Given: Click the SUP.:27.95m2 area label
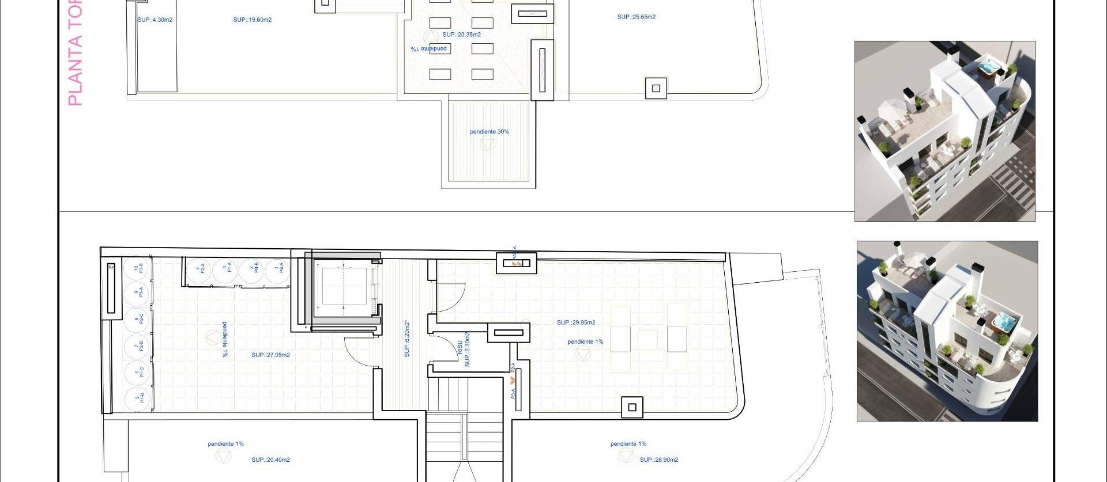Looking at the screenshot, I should click(x=270, y=355).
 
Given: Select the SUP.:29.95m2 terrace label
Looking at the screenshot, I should click(x=576, y=322).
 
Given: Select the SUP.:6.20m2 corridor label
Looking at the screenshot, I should click(x=407, y=339).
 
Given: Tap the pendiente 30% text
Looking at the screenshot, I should click(x=489, y=132).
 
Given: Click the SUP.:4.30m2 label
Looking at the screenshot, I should click(x=155, y=20).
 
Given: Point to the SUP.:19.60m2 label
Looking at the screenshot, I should click(x=252, y=20).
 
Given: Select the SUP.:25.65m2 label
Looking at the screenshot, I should click(x=636, y=17).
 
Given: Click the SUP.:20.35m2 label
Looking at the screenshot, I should click(x=461, y=35).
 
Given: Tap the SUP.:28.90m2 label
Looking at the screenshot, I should click(x=658, y=460).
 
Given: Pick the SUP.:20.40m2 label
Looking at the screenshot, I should click(x=270, y=460).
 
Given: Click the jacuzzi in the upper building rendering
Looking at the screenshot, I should click(x=989, y=69).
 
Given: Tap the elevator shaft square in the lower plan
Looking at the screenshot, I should click(x=344, y=286).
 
